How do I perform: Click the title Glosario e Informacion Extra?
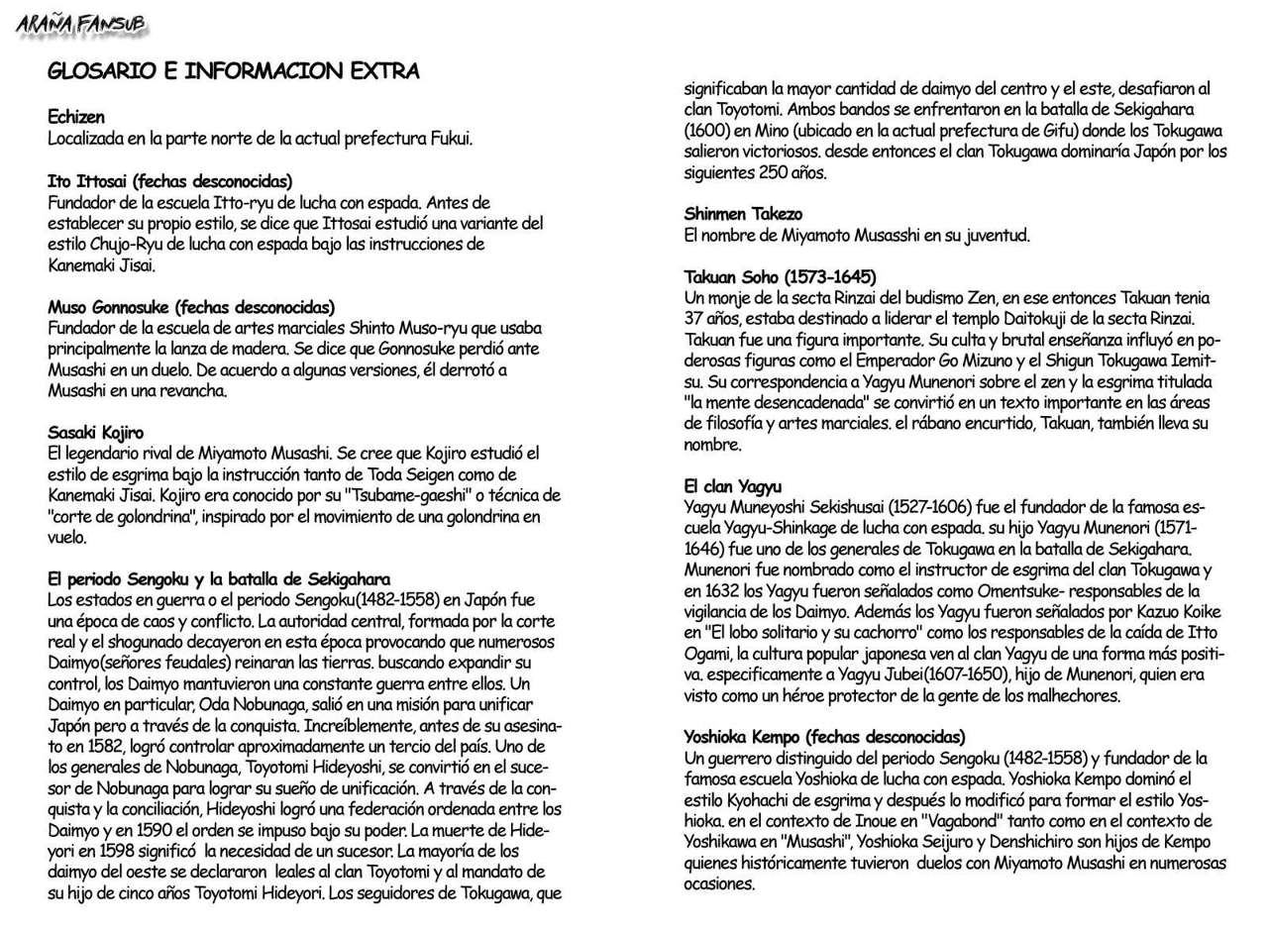(x=233, y=71)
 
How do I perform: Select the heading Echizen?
(x=76, y=118)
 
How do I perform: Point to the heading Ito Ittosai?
(x=169, y=181)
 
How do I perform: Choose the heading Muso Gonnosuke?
(x=191, y=307)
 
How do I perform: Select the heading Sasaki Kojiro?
(x=96, y=433)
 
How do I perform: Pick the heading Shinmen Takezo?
(x=743, y=214)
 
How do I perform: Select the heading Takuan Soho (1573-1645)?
(x=780, y=276)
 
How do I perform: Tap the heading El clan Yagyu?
(x=733, y=486)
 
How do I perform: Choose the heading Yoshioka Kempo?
(x=824, y=737)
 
